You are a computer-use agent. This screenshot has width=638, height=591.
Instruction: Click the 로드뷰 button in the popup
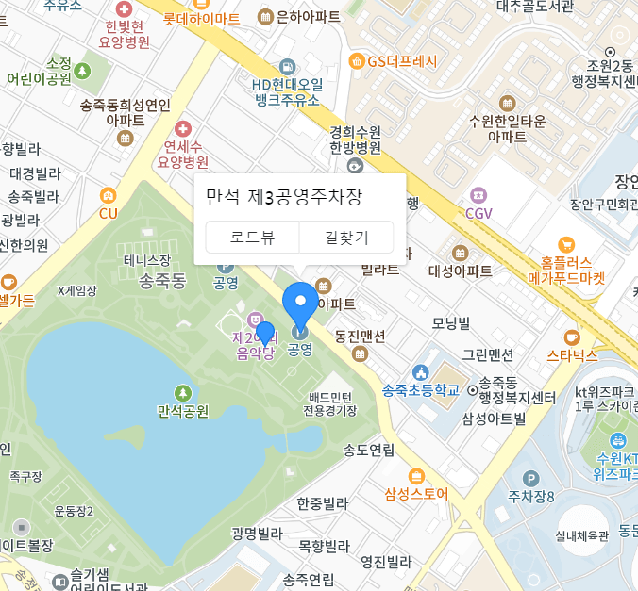click(252, 238)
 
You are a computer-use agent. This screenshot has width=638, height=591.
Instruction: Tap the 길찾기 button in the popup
click(346, 238)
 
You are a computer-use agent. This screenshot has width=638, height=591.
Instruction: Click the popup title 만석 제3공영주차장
click(284, 197)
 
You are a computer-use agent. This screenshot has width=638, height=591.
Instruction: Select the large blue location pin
click(301, 304)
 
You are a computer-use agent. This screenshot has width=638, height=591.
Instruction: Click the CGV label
click(478, 213)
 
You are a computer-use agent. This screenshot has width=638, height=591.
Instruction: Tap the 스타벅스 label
click(572, 355)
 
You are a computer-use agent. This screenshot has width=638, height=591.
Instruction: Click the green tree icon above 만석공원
click(182, 392)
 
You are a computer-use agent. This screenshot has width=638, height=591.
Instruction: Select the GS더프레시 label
click(403, 62)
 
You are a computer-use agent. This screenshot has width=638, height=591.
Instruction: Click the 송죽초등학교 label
click(420, 390)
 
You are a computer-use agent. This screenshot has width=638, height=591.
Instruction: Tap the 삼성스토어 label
click(416, 493)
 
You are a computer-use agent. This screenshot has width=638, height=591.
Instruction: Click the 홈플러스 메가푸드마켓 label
click(566, 271)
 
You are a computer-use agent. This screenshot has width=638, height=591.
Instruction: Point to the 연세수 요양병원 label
click(182, 154)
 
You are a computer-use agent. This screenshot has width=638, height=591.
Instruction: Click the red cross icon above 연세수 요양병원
click(182, 128)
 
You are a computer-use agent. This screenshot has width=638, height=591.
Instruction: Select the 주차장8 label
click(531, 496)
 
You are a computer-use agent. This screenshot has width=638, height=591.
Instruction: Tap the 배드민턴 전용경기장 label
click(329, 403)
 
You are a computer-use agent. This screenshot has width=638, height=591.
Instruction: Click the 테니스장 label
click(147, 260)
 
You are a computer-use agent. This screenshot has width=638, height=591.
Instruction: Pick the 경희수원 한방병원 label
click(355, 140)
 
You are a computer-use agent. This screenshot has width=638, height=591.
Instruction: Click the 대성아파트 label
click(461, 271)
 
